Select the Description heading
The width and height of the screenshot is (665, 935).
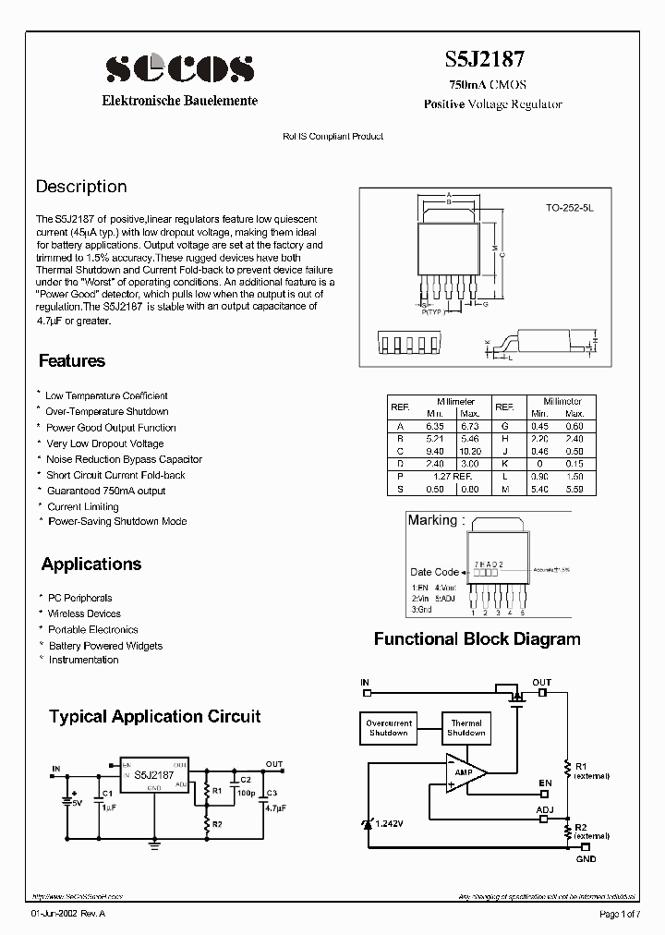pos(81,187)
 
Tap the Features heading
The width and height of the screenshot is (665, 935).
pos(72,361)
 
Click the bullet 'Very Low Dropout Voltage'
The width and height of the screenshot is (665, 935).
pos(104,443)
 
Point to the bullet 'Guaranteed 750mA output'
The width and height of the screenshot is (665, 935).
pos(106,491)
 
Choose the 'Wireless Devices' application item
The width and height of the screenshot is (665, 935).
pos(84,613)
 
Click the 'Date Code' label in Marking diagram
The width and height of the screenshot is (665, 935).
pos(434,572)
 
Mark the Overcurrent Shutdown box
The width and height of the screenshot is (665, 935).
pos(388,728)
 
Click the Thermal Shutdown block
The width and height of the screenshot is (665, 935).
pos(466,728)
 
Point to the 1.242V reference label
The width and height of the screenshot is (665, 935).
pos(389,821)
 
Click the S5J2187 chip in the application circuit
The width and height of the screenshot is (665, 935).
pos(153,775)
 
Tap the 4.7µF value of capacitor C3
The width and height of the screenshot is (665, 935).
pos(273,807)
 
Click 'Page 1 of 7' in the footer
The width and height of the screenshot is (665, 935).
pos(619,914)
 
